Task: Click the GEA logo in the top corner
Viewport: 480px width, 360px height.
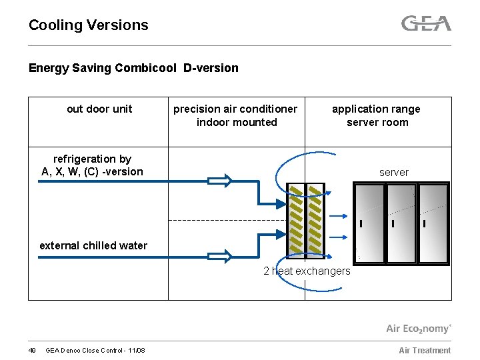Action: click(426, 24)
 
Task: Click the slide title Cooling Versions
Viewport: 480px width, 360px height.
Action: click(88, 25)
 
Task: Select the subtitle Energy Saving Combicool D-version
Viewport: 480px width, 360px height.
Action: click(133, 68)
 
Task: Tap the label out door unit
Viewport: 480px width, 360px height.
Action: click(99, 109)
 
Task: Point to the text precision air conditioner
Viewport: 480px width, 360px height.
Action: click(235, 109)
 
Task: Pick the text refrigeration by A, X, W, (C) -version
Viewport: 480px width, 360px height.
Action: click(92, 165)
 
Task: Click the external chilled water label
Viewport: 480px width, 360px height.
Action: click(93, 245)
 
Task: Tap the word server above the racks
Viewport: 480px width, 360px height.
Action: click(393, 172)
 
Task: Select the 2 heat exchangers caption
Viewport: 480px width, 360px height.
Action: click(307, 271)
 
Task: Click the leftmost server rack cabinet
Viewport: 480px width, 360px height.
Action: click(369, 223)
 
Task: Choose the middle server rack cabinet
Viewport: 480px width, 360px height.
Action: click(401, 223)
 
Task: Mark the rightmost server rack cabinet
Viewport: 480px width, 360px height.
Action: click(433, 223)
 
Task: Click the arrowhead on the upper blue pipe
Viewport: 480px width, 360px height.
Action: click(220, 180)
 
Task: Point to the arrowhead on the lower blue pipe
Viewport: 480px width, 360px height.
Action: click(220, 256)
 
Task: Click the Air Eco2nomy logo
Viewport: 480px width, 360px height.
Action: click(418, 328)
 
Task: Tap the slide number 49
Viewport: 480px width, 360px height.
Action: click(32, 351)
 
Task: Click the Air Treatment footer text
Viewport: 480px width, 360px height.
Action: click(424, 351)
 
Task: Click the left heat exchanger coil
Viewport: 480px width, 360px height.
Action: click(296, 220)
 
